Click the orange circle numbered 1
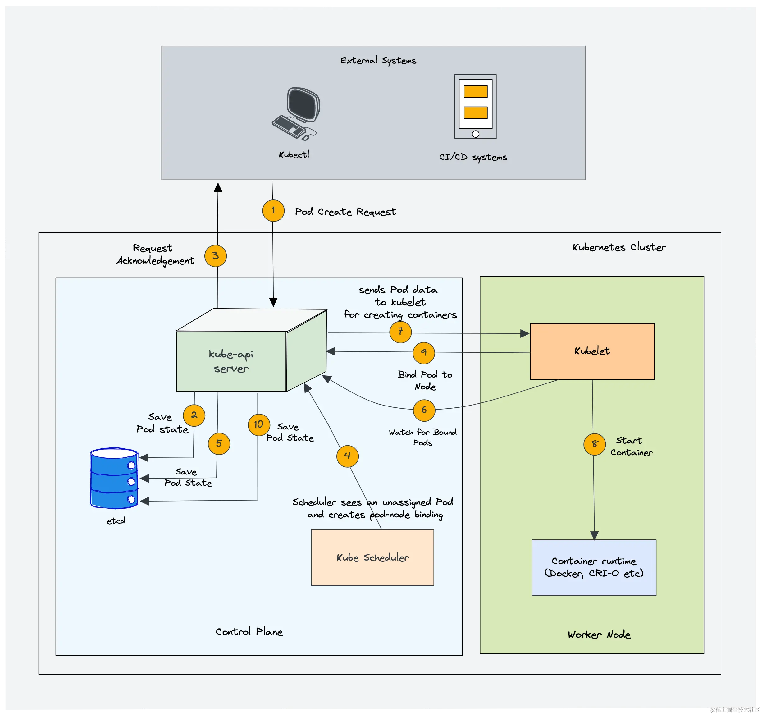coord(273,210)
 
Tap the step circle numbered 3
coord(215,256)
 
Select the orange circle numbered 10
coord(259,424)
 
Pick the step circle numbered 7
coord(400,332)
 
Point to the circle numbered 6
coord(424,410)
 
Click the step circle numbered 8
coord(595,444)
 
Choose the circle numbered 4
coord(347,456)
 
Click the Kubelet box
coord(592,351)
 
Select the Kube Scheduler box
coord(372,557)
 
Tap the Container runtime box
coord(593,567)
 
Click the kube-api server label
coord(231,361)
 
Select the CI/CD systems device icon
coord(475,107)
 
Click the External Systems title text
coord(378,61)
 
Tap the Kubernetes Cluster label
coord(619,247)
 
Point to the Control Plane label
coord(249,631)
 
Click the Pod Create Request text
coord(345,212)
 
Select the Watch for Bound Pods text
coord(422,437)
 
